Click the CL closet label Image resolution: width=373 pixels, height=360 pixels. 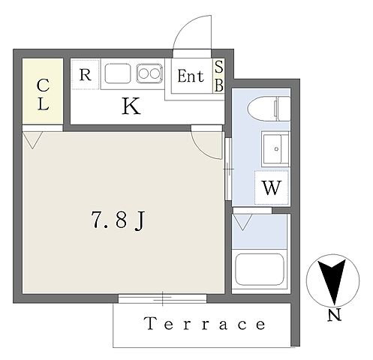43,94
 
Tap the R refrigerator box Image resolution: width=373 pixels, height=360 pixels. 86,74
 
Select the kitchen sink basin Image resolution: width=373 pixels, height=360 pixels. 118,73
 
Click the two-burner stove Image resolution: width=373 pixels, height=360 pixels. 149,73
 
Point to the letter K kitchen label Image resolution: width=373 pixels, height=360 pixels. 131,106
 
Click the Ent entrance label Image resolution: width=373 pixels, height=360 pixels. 191,76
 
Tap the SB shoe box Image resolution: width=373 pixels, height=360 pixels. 218,76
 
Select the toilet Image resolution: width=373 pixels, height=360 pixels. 269,109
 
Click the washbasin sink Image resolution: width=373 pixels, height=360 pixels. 275,148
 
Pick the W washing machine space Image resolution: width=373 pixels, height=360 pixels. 272,187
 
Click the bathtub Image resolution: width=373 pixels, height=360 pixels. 260,270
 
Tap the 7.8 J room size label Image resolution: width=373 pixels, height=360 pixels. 118,220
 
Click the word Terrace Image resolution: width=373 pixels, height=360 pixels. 205,324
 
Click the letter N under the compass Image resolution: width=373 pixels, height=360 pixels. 335,315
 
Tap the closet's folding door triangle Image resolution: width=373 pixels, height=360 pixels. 32,140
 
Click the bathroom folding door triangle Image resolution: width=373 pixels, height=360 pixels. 242,222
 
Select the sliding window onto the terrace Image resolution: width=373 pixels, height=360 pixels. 162,298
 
